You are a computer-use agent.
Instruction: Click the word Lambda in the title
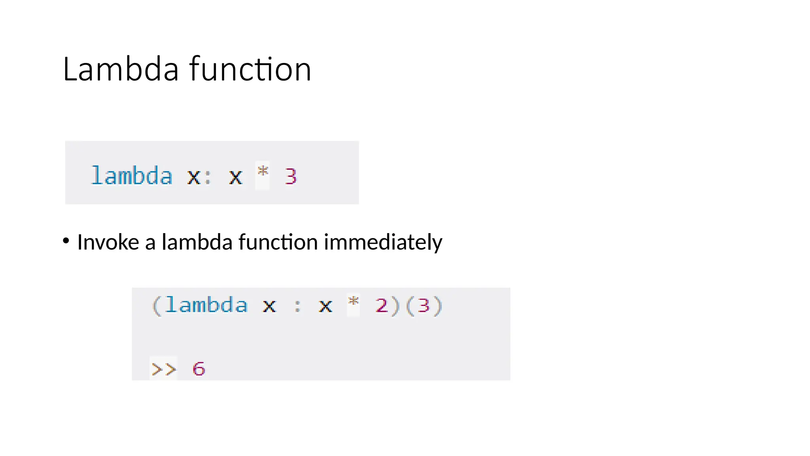(x=121, y=70)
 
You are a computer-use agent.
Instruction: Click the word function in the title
(x=250, y=70)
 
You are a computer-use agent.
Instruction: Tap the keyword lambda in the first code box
(x=132, y=176)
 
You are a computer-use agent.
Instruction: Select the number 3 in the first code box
(x=291, y=177)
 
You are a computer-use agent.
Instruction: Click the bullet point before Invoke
(x=66, y=241)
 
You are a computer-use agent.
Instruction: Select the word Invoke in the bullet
(x=108, y=242)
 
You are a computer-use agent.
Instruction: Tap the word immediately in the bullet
(x=383, y=242)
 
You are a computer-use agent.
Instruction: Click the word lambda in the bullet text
(x=197, y=242)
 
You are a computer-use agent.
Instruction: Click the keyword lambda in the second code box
(x=206, y=305)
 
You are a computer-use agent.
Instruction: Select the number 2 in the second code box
(x=382, y=306)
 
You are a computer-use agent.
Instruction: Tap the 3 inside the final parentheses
(x=424, y=306)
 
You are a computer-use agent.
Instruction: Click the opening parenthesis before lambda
(x=156, y=306)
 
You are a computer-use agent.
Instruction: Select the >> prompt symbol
(x=163, y=369)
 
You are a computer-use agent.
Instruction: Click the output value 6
(x=199, y=369)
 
